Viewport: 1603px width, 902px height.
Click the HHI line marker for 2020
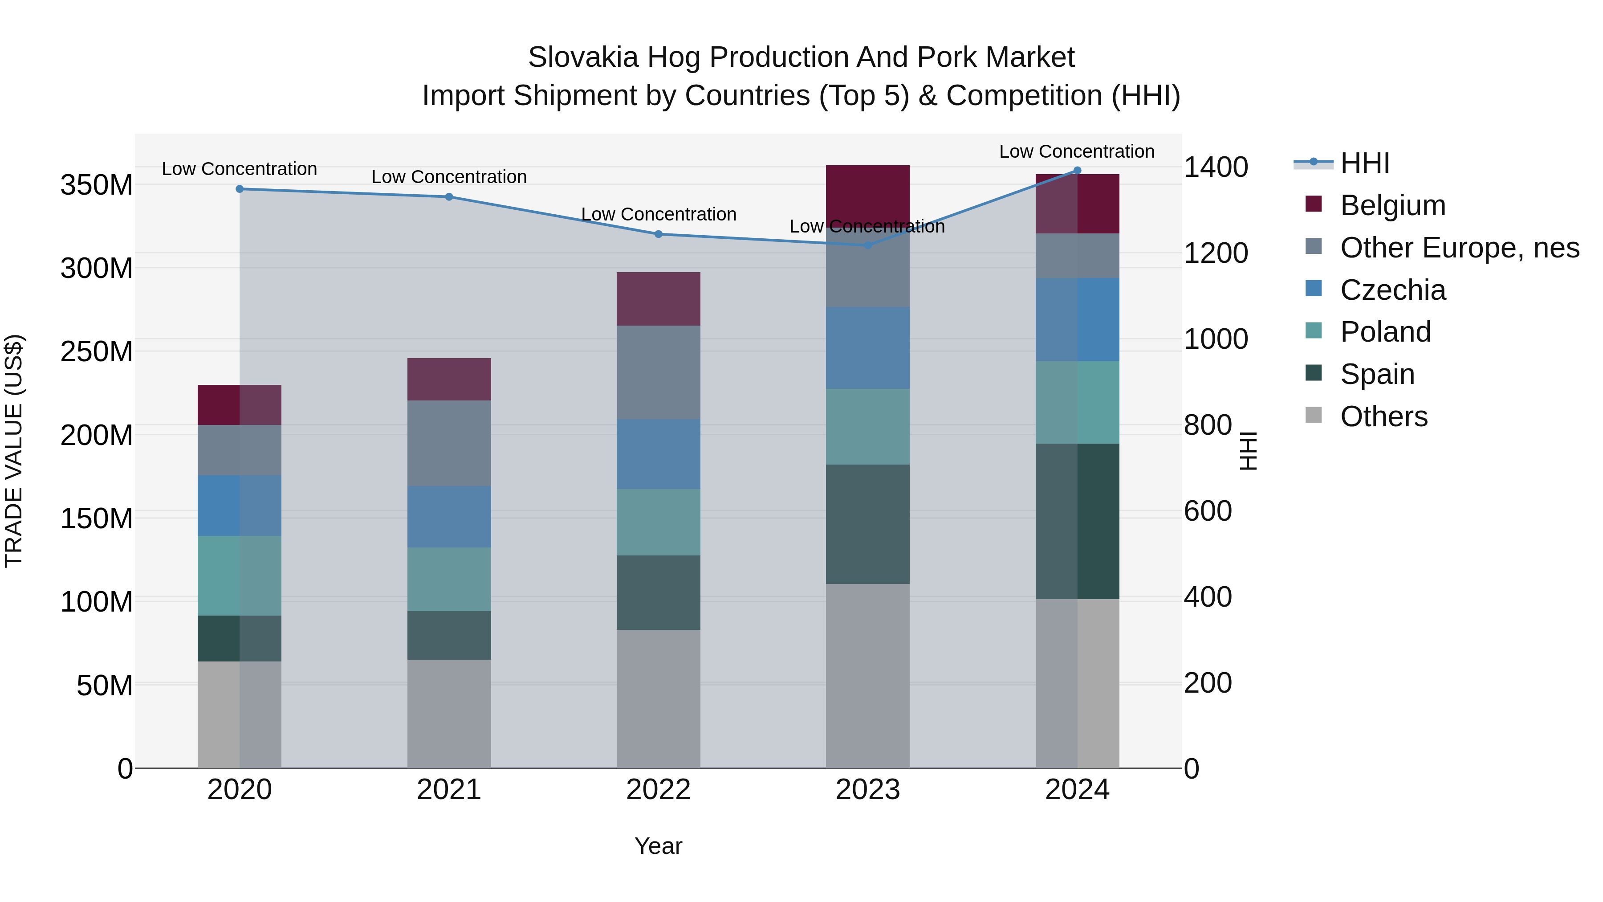240,188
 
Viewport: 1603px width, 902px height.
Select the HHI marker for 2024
1077,171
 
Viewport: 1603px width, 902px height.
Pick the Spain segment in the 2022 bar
659,592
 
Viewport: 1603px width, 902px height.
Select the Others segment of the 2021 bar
449,714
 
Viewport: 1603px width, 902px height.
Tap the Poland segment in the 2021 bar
449,579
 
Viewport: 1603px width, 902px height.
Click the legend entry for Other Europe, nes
1459,248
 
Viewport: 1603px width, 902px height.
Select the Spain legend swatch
1314,373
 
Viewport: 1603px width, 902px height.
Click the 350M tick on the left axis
97,185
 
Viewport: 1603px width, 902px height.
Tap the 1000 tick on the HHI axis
1215,339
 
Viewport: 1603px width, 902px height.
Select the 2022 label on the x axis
659,790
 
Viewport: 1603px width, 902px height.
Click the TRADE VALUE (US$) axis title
14,451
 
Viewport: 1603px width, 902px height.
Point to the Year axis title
659,846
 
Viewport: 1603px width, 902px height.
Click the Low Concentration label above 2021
449,177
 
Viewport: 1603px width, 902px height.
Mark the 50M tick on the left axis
105,686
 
